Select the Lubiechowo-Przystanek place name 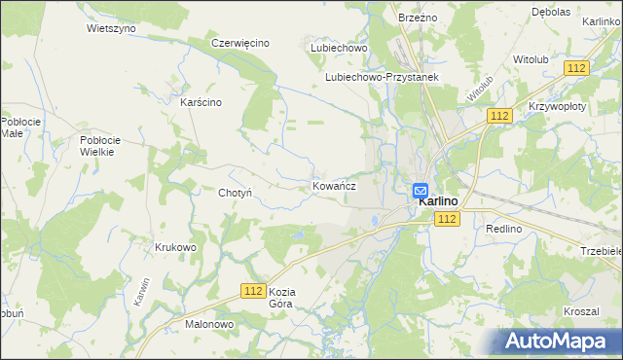click(x=383, y=77)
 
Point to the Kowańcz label click(x=334, y=185)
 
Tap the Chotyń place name click(x=236, y=193)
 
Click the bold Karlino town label click(x=438, y=201)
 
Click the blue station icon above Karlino click(x=420, y=190)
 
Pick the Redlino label click(x=504, y=228)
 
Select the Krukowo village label click(x=175, y=247)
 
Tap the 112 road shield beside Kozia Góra click(x=254, y=291)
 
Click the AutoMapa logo click(x=560, y=340)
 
